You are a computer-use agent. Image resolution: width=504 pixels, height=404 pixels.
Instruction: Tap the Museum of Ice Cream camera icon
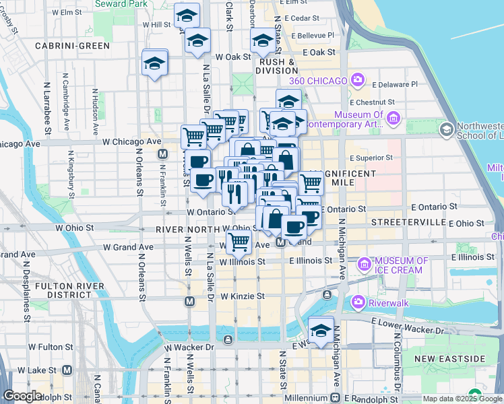pos(366,263)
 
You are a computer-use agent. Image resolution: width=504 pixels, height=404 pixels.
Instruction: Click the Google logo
pos(22,396)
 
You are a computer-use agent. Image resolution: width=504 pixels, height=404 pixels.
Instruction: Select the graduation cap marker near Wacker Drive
pos(320,331)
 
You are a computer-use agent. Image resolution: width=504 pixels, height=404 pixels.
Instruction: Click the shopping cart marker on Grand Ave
pos(238,241)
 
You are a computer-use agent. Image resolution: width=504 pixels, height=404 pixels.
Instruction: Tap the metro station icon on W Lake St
pos(67,370)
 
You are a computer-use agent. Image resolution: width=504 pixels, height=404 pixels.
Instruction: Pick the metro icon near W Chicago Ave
pos(162,154)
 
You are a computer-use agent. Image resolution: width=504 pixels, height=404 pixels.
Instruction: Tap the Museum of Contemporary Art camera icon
pos(394,119)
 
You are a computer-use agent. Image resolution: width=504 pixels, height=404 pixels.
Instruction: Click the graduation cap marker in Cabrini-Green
pos(155,64)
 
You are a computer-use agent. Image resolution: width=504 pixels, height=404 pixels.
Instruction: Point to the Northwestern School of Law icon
pos(445,128)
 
